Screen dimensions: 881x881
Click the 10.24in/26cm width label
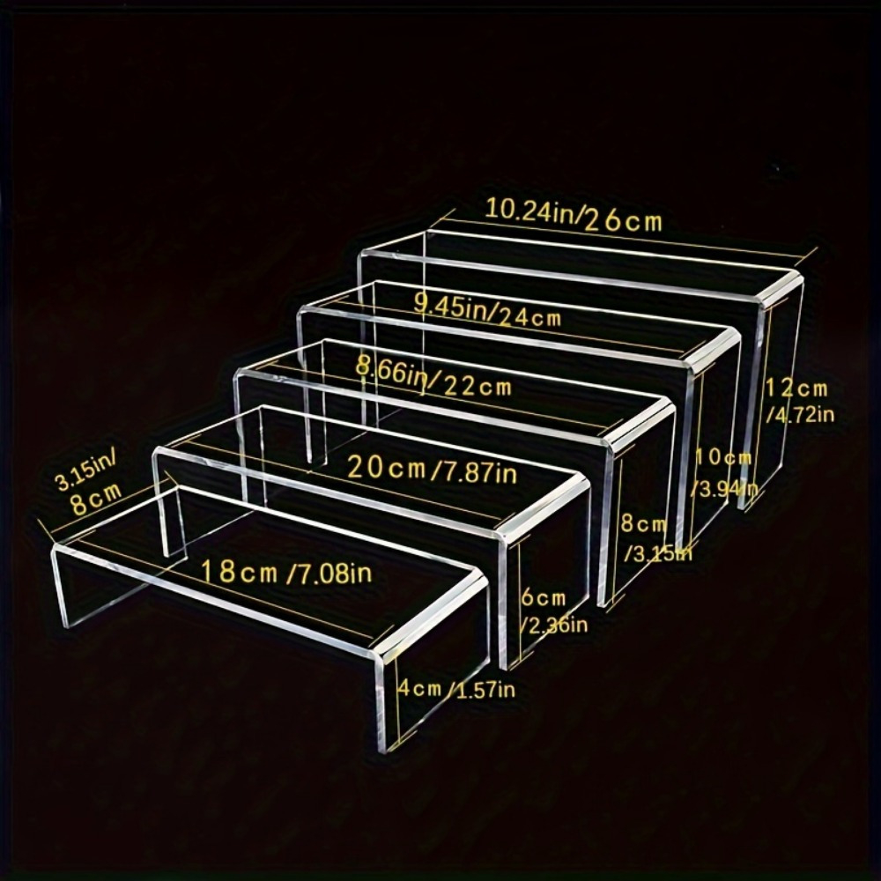coord(574,215)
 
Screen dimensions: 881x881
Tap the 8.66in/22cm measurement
coord(433,379)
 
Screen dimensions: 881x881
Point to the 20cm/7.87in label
coord(432,469)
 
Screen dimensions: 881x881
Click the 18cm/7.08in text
coord(286,573)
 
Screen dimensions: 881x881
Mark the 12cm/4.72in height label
coord(799,400)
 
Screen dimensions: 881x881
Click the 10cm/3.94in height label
coord(725,473)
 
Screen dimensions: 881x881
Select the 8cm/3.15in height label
coord(655,538)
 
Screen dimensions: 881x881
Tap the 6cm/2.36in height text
coord(553,611)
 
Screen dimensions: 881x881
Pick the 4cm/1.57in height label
coord(456,689)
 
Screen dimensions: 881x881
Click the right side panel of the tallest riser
coord(780,393)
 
